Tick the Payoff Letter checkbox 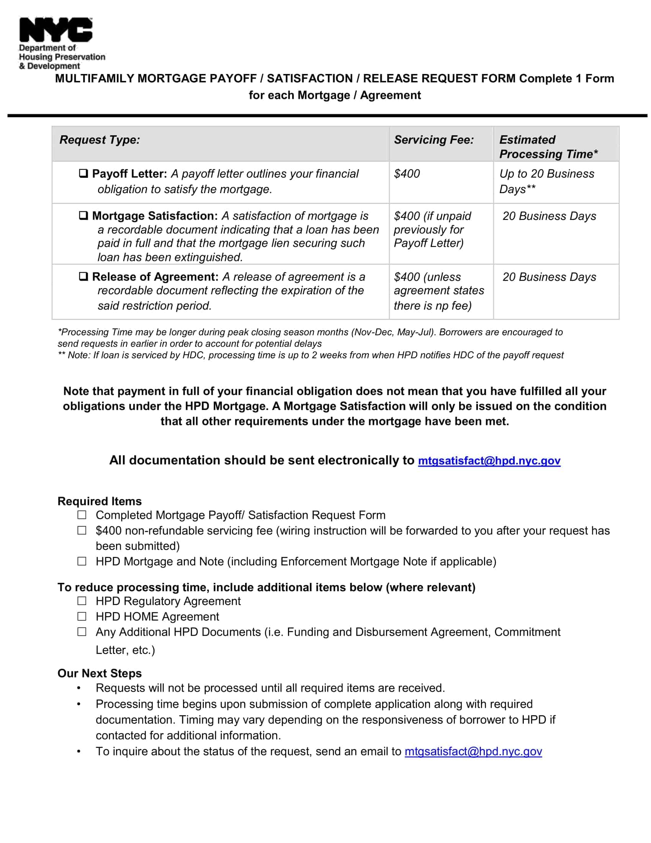(x=83, y=173)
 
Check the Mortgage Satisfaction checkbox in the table (x=83, y=215)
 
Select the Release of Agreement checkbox (x=83, y=276)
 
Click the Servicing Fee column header (x=433, y=140)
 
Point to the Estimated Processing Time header (x=548, y=147)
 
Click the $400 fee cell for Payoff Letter (x=407, y=174)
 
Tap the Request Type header (x=100, y=140)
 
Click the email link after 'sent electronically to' (x=489, y=461)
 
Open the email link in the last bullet (x=473, y=751)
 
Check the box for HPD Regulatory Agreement (x=82, y=600)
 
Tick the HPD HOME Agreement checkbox (x=82, y=616)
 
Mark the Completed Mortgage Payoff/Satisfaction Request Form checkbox (x=82, y=515)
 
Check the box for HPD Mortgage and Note (x=82, y=561)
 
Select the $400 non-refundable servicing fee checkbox (x=82, y=530)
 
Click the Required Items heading (x=100, y=501)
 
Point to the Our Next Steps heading (x=100, y=673)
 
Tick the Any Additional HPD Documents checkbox (x=82, y=631)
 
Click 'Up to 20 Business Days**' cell (x=546, y=181)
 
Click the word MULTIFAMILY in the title (x=95, y=78)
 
